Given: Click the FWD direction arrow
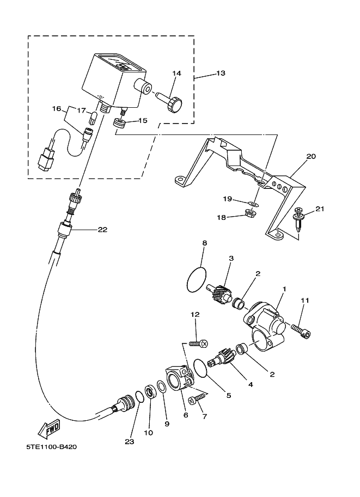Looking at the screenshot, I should [48, 428].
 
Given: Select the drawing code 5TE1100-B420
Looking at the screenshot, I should [51, 447].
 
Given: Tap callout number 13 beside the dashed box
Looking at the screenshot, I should [221, 73].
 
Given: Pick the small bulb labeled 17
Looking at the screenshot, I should [93, 116].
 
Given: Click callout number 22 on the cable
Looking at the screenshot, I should [102, 230].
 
